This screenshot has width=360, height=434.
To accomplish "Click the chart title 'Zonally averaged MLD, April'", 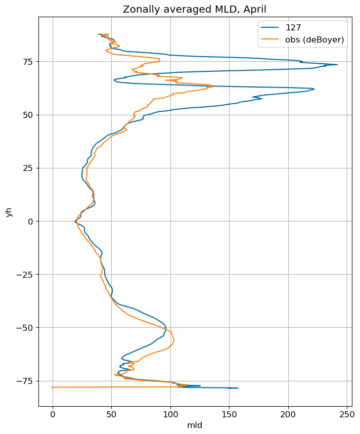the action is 195,10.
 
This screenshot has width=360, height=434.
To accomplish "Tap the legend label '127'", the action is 293,27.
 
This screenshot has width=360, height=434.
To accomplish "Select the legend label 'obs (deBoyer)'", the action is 314,39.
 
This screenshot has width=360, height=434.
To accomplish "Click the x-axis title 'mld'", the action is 195,425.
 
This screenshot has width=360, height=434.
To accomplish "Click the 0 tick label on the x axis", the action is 53,414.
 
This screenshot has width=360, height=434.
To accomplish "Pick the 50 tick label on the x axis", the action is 112,414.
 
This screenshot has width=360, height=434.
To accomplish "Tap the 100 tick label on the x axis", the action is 170,414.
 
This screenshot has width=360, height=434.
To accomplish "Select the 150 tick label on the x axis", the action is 230,414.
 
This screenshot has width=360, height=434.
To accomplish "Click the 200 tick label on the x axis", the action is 288,414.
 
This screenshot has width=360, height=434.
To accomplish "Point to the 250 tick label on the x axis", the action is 347,414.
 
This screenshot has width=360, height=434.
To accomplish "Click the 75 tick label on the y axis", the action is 28,62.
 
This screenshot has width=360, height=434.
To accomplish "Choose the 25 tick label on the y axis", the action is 28,168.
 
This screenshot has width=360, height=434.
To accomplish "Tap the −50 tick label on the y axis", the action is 25,328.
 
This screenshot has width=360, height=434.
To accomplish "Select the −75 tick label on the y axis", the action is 25,381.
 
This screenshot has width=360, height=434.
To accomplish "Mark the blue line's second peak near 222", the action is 314,89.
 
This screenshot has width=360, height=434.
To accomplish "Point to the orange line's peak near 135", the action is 213,86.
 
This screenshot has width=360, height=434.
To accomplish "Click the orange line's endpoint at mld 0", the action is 53,387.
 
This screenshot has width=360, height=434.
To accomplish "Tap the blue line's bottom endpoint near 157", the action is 238,388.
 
